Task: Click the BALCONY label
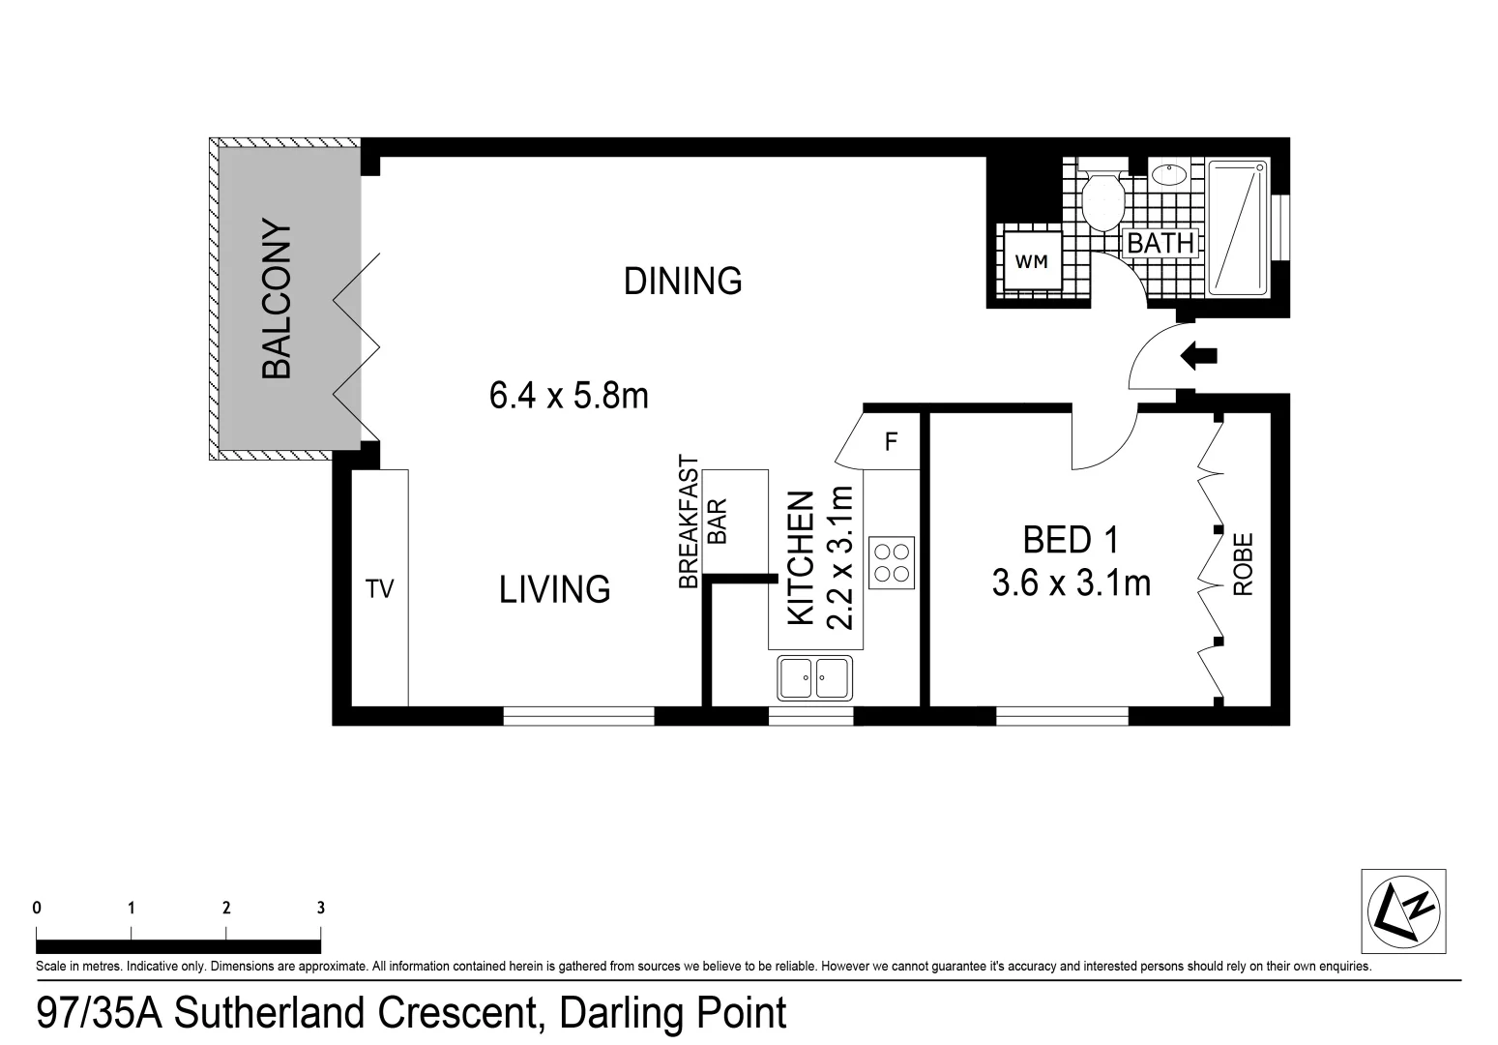[x=277, y=298]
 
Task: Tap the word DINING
[x=683, y=281]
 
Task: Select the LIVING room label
[x=554, y=589]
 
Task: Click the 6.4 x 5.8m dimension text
[x=569, y=396]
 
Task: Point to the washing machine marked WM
[x=1031, y=261]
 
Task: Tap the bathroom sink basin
[x=1169, y=174]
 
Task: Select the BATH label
[x=1160, y=244]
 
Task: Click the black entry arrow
[x=1198, y=355]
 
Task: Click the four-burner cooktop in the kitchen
[x=892, y=562]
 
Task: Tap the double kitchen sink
[x=814, y=677]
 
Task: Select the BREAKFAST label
[x=689, y=522]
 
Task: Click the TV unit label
[x=379, y=588]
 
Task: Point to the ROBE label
[x=1243, y=564]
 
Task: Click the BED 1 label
[x=1071, y=540]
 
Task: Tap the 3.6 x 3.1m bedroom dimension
[x=1072, y=582]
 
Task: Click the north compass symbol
[x=1403, y=911]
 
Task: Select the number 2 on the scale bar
[x=226, y=908]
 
